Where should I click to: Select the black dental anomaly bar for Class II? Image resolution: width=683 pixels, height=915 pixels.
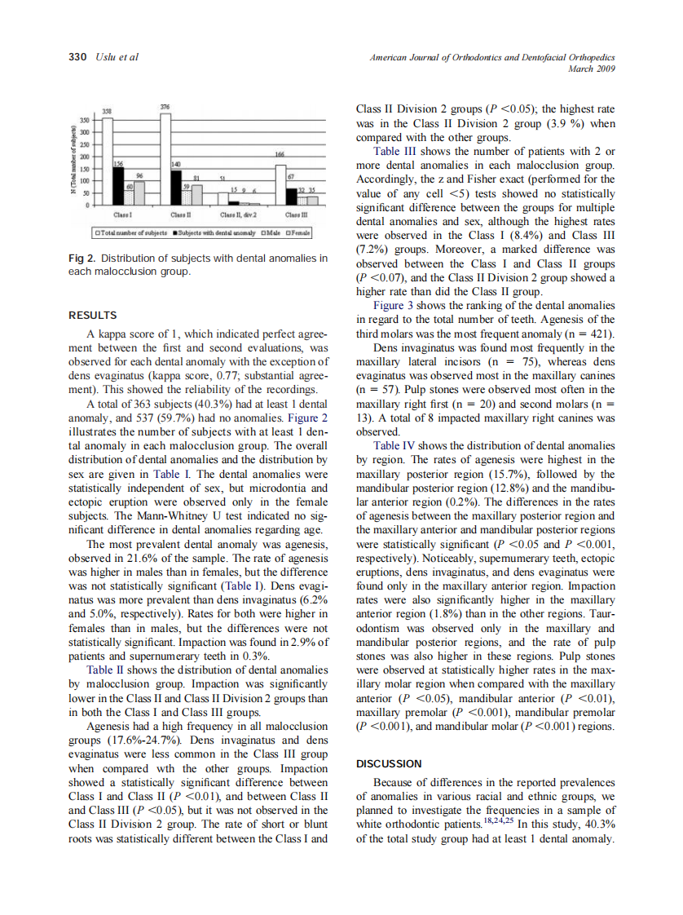click(175, 187)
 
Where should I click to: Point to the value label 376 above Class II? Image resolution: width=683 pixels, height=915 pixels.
click(165, 108)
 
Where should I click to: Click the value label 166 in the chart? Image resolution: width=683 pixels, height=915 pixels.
click(280, 154)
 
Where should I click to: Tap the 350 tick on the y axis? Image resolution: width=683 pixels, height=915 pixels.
click(82, 119)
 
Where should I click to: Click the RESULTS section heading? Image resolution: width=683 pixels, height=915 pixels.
click(92, 316)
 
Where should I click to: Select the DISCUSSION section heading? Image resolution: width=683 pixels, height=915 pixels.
click(389, 764)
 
